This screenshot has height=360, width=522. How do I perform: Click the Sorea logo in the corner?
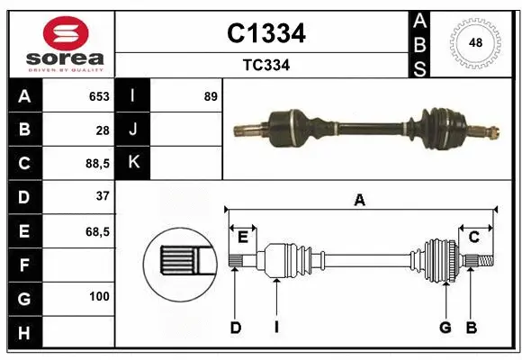pyautogui.click(x=62, y=43)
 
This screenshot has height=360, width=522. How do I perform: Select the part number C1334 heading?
pyautogui.click(x=265, y=33)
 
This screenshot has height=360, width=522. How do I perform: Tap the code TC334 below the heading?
pyautogui.click(x=265, y=65)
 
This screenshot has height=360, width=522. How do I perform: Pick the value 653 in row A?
pyautogui.click(x=98, y=96)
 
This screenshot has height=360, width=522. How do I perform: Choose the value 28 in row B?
pyautogui.click(x=103, y=130)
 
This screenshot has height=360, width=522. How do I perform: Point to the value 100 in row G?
pyautogui.click(x=99, y=296)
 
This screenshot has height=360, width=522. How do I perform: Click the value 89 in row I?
pyautogui.click(x=211, y=96)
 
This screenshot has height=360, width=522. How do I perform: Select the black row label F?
pyautogui.click(x=25, y=265)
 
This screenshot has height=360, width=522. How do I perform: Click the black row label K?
pyautogui.click(x=133, y=163)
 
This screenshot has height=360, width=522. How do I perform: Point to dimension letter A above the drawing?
pyautogui.click(x=360, y=201)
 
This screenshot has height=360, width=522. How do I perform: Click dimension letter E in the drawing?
pyautogui.click(x=243, y=236)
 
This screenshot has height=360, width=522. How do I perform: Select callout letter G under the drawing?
pyautogui.click(x=445, y=328)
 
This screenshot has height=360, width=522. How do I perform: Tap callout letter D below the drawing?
pyautogui.click(x=235, y=328)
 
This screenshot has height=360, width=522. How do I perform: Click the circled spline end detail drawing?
pyautogui.click(x=178, y=262)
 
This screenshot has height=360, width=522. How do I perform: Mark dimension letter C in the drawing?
pyautogui.click(x=473, y=236)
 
